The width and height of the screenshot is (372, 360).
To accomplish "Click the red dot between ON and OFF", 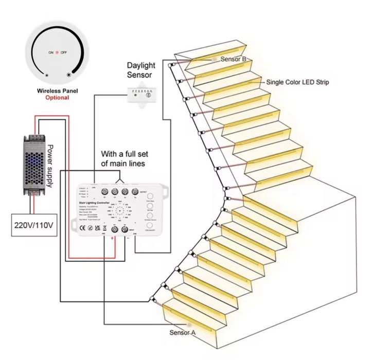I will [x=57, y=52].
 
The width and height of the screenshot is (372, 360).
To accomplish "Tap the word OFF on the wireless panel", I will [x=64, y=52].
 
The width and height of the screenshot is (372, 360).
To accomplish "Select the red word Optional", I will [x=57, y=97].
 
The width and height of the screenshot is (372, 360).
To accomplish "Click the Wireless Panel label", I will [x=57, y=91].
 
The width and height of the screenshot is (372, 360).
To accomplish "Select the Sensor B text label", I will [x=234, y=59].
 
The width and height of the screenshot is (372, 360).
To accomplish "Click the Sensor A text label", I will [x=183, y=333].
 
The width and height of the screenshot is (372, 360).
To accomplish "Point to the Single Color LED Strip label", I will [x=297, y=82].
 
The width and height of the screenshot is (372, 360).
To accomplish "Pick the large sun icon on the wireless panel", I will [x=70, y=75].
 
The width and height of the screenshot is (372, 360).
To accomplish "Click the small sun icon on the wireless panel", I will [x=47, y=76].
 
